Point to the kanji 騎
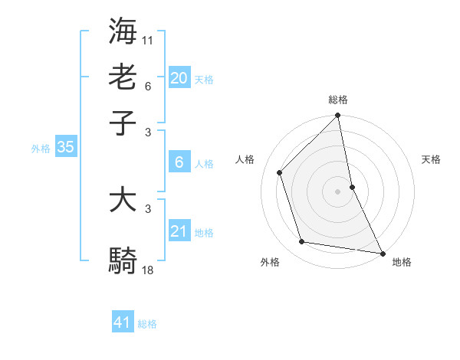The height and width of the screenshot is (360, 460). coord(123,260)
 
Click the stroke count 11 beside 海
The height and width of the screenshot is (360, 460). coord(148,38)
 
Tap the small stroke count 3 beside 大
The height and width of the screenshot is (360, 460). coord(148,208)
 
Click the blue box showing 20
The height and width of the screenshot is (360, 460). coord(179,78)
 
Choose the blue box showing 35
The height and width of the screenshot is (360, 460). coord(65,148)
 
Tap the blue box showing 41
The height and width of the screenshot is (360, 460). coord(123,322)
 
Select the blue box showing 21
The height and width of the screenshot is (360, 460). coord(179,231)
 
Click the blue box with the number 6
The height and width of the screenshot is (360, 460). coord(179,162)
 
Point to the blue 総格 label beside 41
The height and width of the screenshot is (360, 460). coord(147,324)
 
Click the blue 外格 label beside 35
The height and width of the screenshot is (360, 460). coord(41,149)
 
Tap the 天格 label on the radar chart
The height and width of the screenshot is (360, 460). coord(432,159)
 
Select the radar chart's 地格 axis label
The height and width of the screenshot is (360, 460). coord(402,262)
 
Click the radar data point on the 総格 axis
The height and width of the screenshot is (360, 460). coord(338,116)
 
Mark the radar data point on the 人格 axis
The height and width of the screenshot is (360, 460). coord(280,172)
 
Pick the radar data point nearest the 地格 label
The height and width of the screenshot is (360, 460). coord(382,253)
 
